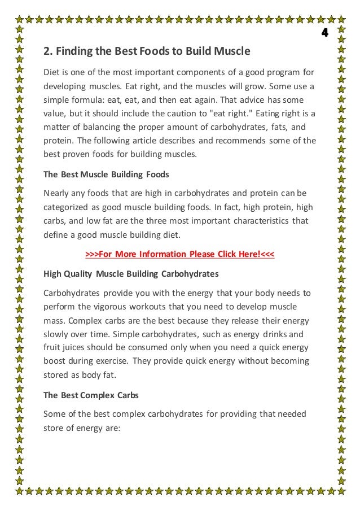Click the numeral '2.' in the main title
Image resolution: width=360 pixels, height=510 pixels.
click(x=48, y=53)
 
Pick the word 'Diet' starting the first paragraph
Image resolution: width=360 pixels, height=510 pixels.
click(x=52, y=73)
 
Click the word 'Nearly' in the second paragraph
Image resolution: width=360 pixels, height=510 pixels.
click(x=56, y=193)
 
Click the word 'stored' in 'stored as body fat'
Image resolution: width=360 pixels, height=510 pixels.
click(x=55, y=374)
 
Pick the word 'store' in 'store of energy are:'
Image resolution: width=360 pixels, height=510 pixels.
click(x=54, y=428)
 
